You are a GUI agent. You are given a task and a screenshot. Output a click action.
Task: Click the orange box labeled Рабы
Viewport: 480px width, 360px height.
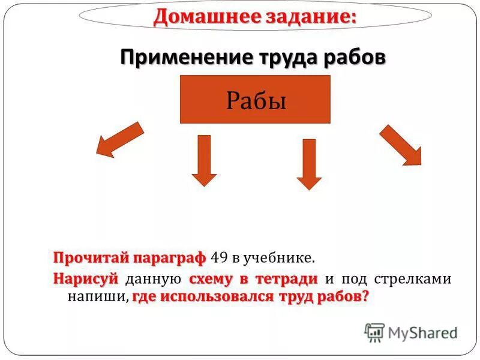click(255, 99)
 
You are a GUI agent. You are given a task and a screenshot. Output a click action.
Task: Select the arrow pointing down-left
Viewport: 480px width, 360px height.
click(121, 139)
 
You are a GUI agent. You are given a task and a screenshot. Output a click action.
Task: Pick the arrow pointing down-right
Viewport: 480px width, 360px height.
click(400, 145)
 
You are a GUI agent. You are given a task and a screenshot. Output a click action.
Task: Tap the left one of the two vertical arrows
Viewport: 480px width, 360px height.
click(204, 160)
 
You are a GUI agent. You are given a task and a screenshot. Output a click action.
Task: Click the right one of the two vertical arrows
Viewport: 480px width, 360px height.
click(309, 164)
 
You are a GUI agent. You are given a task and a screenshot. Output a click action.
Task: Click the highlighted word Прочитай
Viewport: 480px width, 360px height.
click(86, 258)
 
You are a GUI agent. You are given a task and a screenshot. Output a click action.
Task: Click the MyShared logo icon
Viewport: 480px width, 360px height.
click(374, 332)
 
